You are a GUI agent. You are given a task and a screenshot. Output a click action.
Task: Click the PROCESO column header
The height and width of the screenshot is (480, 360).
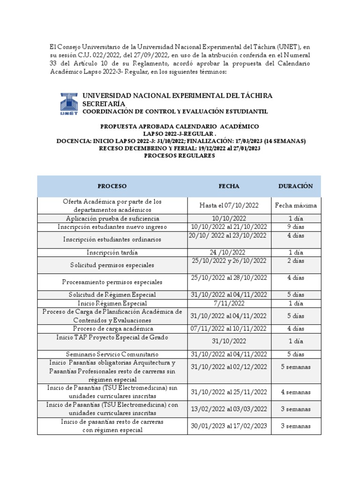tap(112, 186)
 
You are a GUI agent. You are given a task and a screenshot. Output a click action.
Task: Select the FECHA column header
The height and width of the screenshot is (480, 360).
tap(229, 186)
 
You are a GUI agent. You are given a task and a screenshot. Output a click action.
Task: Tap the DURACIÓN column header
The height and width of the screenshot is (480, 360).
tap(295, 186)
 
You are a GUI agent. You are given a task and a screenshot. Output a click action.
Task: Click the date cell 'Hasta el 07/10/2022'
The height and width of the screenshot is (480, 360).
tap(229, 205)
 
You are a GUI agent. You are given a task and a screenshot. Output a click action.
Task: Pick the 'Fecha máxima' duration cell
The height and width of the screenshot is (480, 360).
tap(296, 205)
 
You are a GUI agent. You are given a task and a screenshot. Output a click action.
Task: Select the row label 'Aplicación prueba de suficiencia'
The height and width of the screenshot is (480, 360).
tap(112, 218)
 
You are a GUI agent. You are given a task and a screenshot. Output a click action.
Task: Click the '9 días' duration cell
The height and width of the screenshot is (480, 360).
tap(296, 227)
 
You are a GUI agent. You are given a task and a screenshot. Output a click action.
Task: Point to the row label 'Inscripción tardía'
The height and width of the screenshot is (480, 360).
tap(112, 252)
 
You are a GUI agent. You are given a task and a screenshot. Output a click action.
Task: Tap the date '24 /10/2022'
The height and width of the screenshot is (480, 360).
tap(228, 252)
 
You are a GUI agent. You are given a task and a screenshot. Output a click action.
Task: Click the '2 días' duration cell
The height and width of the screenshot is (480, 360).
tap(296, 261)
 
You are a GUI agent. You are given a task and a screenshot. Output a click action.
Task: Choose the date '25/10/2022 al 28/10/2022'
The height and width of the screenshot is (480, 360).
tap(229, 278)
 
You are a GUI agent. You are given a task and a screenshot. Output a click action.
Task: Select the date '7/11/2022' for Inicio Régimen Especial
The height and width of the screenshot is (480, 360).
tap(229, 303)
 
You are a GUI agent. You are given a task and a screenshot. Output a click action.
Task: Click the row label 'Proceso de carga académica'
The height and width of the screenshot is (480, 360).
tap(112, 329)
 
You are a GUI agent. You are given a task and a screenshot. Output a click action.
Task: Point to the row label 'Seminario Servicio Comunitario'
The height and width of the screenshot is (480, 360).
tap(112, 354)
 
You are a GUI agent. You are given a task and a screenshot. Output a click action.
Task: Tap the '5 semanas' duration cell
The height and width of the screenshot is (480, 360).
tap(296, 367)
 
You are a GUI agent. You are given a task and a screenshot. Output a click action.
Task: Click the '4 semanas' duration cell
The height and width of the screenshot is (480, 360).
tap(296, 392)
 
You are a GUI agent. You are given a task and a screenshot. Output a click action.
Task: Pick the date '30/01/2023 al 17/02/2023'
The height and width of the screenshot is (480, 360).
tap(229, 426)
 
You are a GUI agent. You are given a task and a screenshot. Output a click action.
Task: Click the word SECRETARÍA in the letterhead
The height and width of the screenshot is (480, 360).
tap(104, 103)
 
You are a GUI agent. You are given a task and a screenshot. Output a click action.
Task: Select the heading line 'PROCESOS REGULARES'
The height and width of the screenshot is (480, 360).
tap(180, 156)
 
